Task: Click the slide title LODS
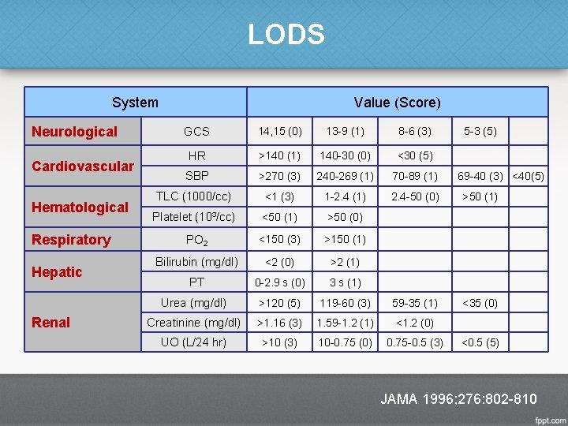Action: [286, 35]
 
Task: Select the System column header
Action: [135, 102]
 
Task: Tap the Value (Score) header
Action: [397, 102]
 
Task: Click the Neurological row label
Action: [74, 132]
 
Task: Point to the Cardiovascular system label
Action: [82, 166]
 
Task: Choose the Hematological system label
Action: [79, 207]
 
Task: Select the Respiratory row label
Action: [70, 239]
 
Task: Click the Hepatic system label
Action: [56, 271]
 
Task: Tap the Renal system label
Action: [50, 322]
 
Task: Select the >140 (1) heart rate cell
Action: [280, 155]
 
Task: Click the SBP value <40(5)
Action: [529, 175]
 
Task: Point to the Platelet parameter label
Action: [194, 217]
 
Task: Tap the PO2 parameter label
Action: [196, 240]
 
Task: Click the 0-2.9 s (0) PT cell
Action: [280, 282]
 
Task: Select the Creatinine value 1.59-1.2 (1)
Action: [345, 322]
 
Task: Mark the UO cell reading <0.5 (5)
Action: [480, 342]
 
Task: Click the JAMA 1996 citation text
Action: [458, 398]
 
